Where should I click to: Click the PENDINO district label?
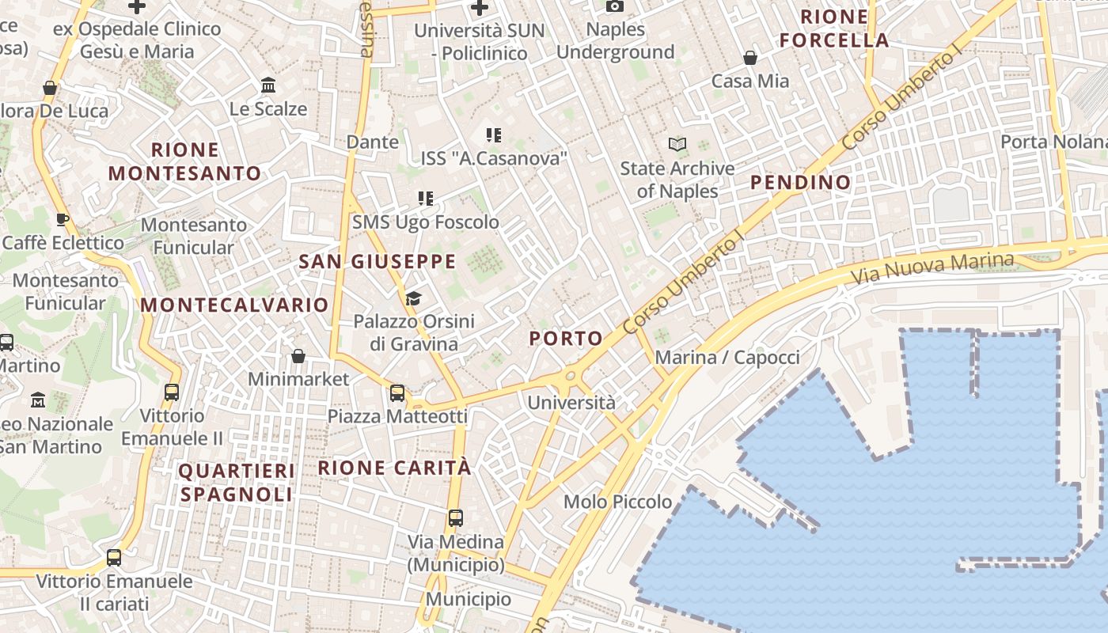pos(800,183)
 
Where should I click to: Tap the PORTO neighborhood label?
pos(566,339)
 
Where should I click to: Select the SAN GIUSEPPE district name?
pos(377,261)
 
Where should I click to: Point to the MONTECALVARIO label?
pos(234,305)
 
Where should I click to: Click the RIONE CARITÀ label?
pos(394,468)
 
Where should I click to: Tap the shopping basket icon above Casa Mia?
pos(750,58)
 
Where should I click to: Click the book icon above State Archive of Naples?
pos(677,144)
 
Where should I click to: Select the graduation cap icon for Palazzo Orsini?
pos(413,298)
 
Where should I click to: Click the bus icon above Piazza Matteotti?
pos(397,392)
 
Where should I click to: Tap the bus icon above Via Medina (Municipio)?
pos(455,518)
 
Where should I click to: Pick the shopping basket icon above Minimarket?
pos(298,356)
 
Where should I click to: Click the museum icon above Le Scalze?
pos(268,85)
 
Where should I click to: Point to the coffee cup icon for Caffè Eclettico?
pos(63,219)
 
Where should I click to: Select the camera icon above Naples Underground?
pos(615,6)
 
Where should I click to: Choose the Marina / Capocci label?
pos(727,357)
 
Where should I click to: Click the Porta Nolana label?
pos(1053,142)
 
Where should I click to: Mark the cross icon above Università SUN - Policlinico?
pos(479,8)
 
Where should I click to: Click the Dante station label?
pos(372,142)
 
